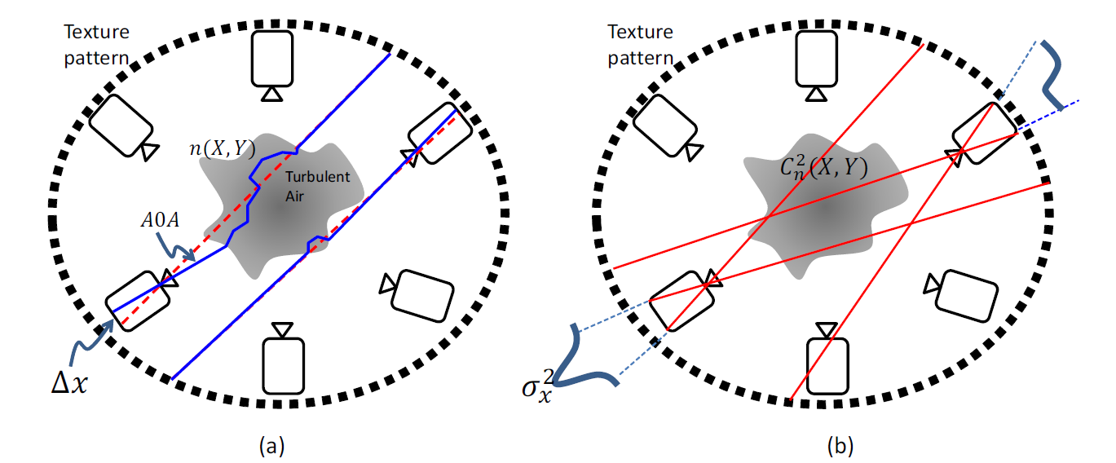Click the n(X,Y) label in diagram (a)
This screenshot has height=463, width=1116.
tap(226, 150)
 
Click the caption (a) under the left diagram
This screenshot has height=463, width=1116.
tap(271, 445)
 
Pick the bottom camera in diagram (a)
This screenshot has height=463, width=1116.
tap(283, 359)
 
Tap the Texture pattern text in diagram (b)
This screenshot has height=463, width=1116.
tap(641, 45)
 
